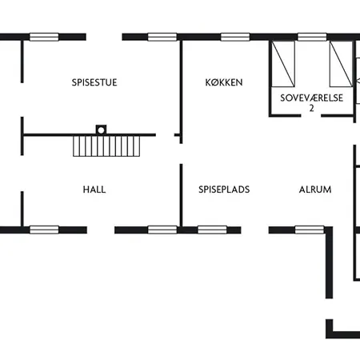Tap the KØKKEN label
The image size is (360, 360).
223,82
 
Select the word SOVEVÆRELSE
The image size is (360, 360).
311,97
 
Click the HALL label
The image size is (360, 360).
94,190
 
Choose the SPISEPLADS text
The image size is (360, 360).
224,190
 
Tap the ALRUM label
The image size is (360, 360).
314,190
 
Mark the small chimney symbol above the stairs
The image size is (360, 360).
101,128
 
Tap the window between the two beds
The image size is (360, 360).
312,36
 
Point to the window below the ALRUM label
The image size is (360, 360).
310,230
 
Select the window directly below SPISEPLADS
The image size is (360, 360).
212,230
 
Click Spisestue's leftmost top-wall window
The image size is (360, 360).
44,36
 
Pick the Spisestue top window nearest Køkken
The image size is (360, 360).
162,36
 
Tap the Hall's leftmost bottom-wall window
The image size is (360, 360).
44,230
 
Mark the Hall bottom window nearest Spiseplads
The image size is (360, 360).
162,230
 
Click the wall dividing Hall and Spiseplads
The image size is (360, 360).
181,196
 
